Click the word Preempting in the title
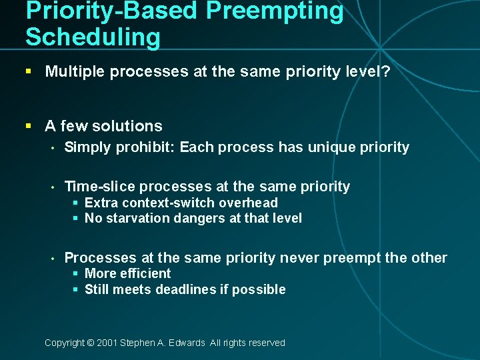click(x=275, y=11)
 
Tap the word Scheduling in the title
click(x=93, y=37)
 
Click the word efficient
click(x=145, y=273)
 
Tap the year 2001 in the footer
click(x=107, y=343)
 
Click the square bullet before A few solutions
click(x=29, y=126)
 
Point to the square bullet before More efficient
click(x=77, y=274)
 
